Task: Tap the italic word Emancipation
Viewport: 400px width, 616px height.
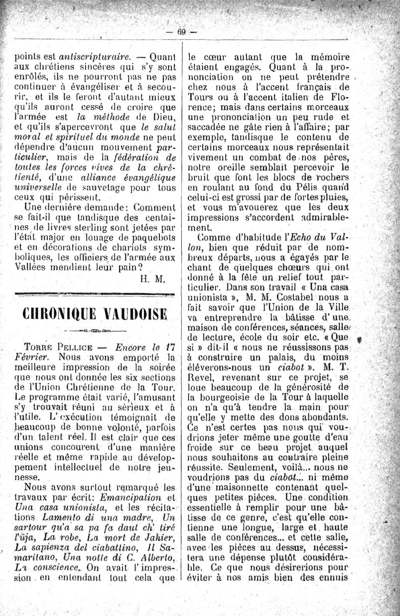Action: (x=130, y=497)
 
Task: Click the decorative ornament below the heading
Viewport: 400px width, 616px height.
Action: (x=95, y=331)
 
